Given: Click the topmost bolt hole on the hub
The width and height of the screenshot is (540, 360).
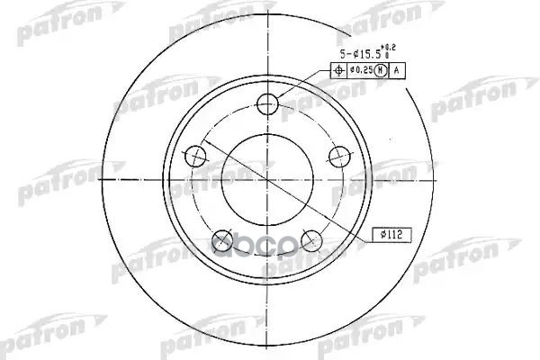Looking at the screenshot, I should coord(267,105).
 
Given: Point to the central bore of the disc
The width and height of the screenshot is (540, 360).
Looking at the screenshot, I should coord(267,180).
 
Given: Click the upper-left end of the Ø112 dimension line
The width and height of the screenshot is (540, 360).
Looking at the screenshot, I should coord(204,141).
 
